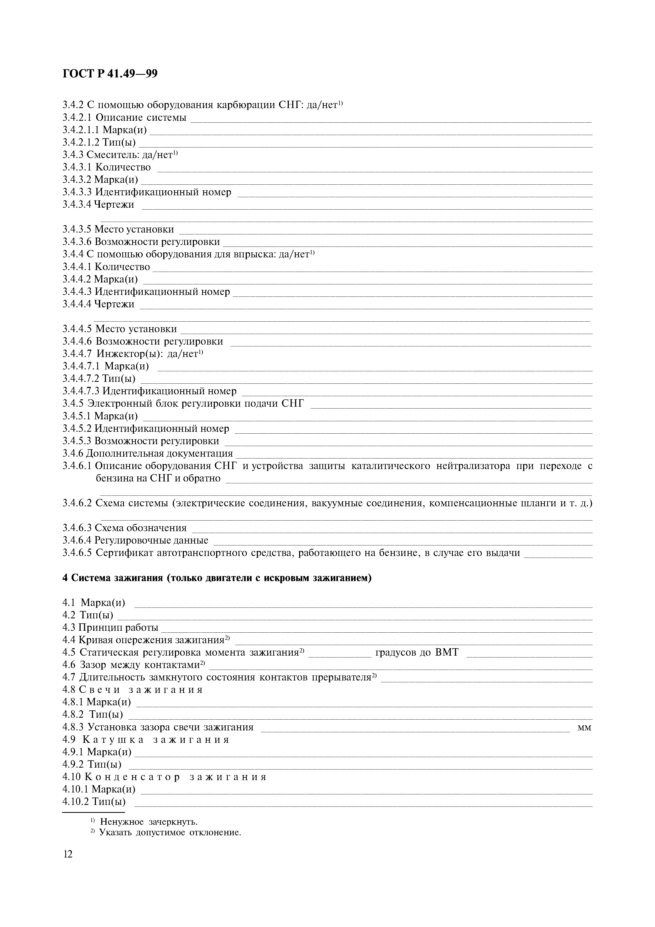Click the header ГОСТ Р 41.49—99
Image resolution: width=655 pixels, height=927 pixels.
[x=110, y=74]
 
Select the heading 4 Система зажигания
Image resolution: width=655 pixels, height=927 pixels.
[x=217, y=578]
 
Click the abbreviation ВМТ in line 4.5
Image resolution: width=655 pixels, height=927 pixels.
[x=447, y=652]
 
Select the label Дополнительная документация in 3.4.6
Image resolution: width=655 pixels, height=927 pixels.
[x=159, y=453]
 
